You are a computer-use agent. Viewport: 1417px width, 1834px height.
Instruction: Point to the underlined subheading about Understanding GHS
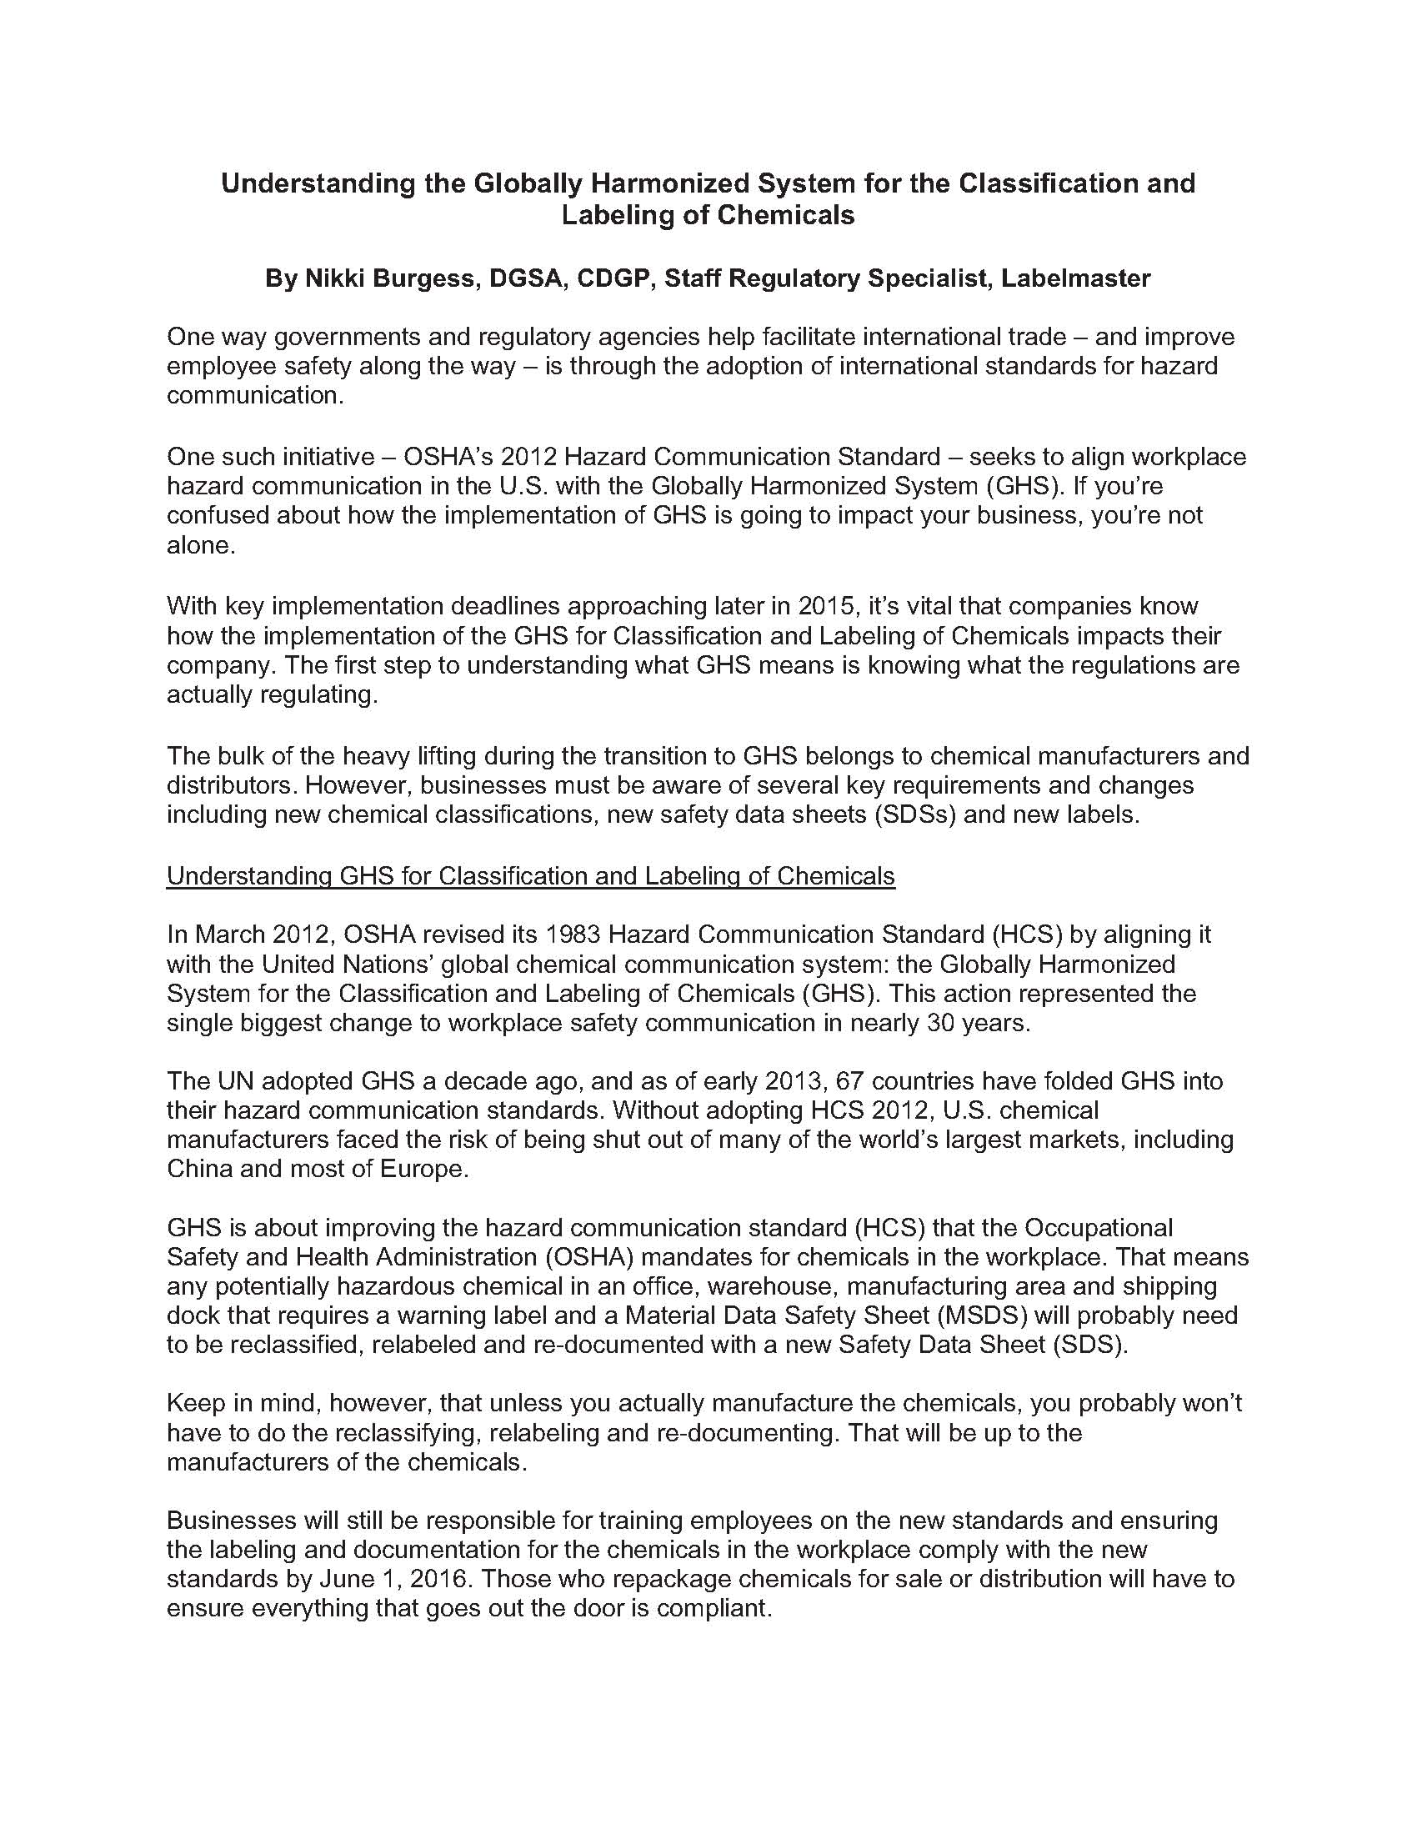[x=530, y=876]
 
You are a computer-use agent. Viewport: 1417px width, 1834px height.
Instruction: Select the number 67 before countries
[x=839, y=1080]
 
